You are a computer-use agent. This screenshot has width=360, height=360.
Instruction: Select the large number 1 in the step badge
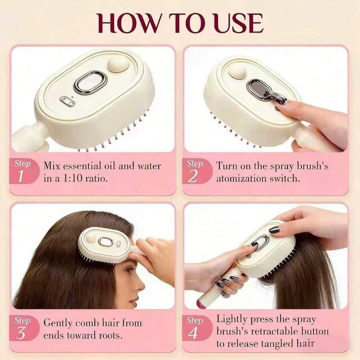21,176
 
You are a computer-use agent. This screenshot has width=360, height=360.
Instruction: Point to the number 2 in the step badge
192,176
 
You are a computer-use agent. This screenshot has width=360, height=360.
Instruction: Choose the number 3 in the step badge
21,333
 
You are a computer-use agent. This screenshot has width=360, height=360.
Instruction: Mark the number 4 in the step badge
193,333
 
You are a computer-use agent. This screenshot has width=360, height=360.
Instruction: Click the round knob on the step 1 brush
118,64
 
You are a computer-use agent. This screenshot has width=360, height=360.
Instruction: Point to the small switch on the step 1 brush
67,102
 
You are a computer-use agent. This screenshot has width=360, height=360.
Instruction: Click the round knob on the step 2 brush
237,72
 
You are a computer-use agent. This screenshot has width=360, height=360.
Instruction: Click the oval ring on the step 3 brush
105,242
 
